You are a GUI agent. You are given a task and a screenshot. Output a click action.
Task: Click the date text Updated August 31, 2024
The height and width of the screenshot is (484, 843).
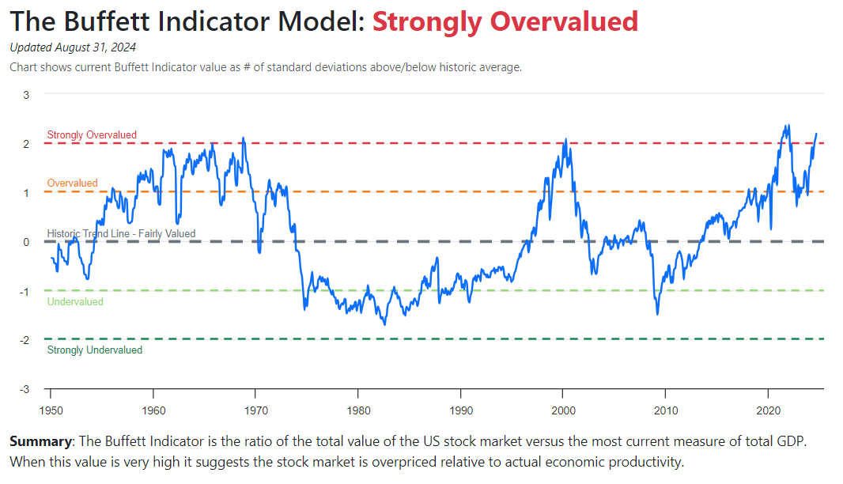click(x=73, y=47)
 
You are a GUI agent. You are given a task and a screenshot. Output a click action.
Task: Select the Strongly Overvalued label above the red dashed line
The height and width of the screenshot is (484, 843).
click(x=92, y=135)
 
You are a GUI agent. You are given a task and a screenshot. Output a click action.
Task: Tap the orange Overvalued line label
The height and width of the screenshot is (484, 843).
click(x=73, y=183)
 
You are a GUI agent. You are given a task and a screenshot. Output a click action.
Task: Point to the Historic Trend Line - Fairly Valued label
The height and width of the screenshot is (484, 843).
click(x=121, y=234)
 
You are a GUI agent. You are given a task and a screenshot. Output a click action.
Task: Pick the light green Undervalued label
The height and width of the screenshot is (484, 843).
click(x=75, y=302)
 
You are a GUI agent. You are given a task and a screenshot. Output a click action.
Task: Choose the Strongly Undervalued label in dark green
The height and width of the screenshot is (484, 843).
click(x=95, y=350)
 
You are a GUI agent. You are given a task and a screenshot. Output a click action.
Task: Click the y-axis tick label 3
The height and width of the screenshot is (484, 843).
click(x=26, y=95)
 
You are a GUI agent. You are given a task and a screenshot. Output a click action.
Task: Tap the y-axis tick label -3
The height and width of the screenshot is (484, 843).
click(x=24, y=389)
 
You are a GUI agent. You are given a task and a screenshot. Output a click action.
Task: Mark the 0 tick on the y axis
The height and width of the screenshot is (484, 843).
click(x=26, y=242)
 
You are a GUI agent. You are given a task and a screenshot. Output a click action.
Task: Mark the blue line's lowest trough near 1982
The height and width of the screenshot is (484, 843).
click(x=385, y=324)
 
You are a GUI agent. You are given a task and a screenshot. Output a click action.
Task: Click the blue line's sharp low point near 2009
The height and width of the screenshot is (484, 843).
click(x=657, y=314)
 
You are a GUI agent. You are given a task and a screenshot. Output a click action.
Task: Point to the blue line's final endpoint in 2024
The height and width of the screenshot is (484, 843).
click(x=816, y=134)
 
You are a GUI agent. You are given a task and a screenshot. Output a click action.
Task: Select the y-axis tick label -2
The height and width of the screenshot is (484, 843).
click(x=24, y=340)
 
